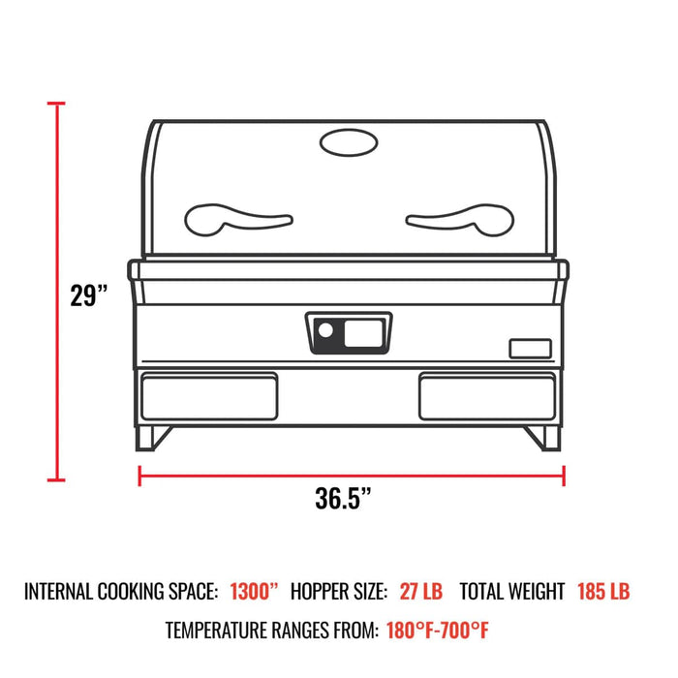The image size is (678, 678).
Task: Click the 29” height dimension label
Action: coord(89,294)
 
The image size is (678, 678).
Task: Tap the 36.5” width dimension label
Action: coord(344,499)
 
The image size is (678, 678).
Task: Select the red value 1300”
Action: coord(254,591)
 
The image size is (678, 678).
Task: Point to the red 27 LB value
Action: coord(421,591)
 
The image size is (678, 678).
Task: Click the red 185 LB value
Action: coord(603,591)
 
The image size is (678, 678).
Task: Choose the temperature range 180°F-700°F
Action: coord(438,631)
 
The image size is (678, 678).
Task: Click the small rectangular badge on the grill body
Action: coord(531,348)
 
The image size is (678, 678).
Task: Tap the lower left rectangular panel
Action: coord(210,395)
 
